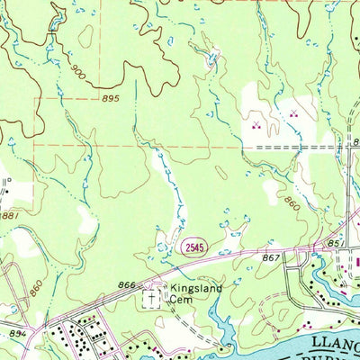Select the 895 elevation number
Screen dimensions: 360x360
pos(111,99)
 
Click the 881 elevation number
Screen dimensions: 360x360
pos(10,215)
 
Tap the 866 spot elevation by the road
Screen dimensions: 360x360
pos(126,285)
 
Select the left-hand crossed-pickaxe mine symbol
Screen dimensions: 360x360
pos(256,125)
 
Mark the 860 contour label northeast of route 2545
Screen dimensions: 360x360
pos(293,205)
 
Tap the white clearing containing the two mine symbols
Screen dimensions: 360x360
pos(274,130)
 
